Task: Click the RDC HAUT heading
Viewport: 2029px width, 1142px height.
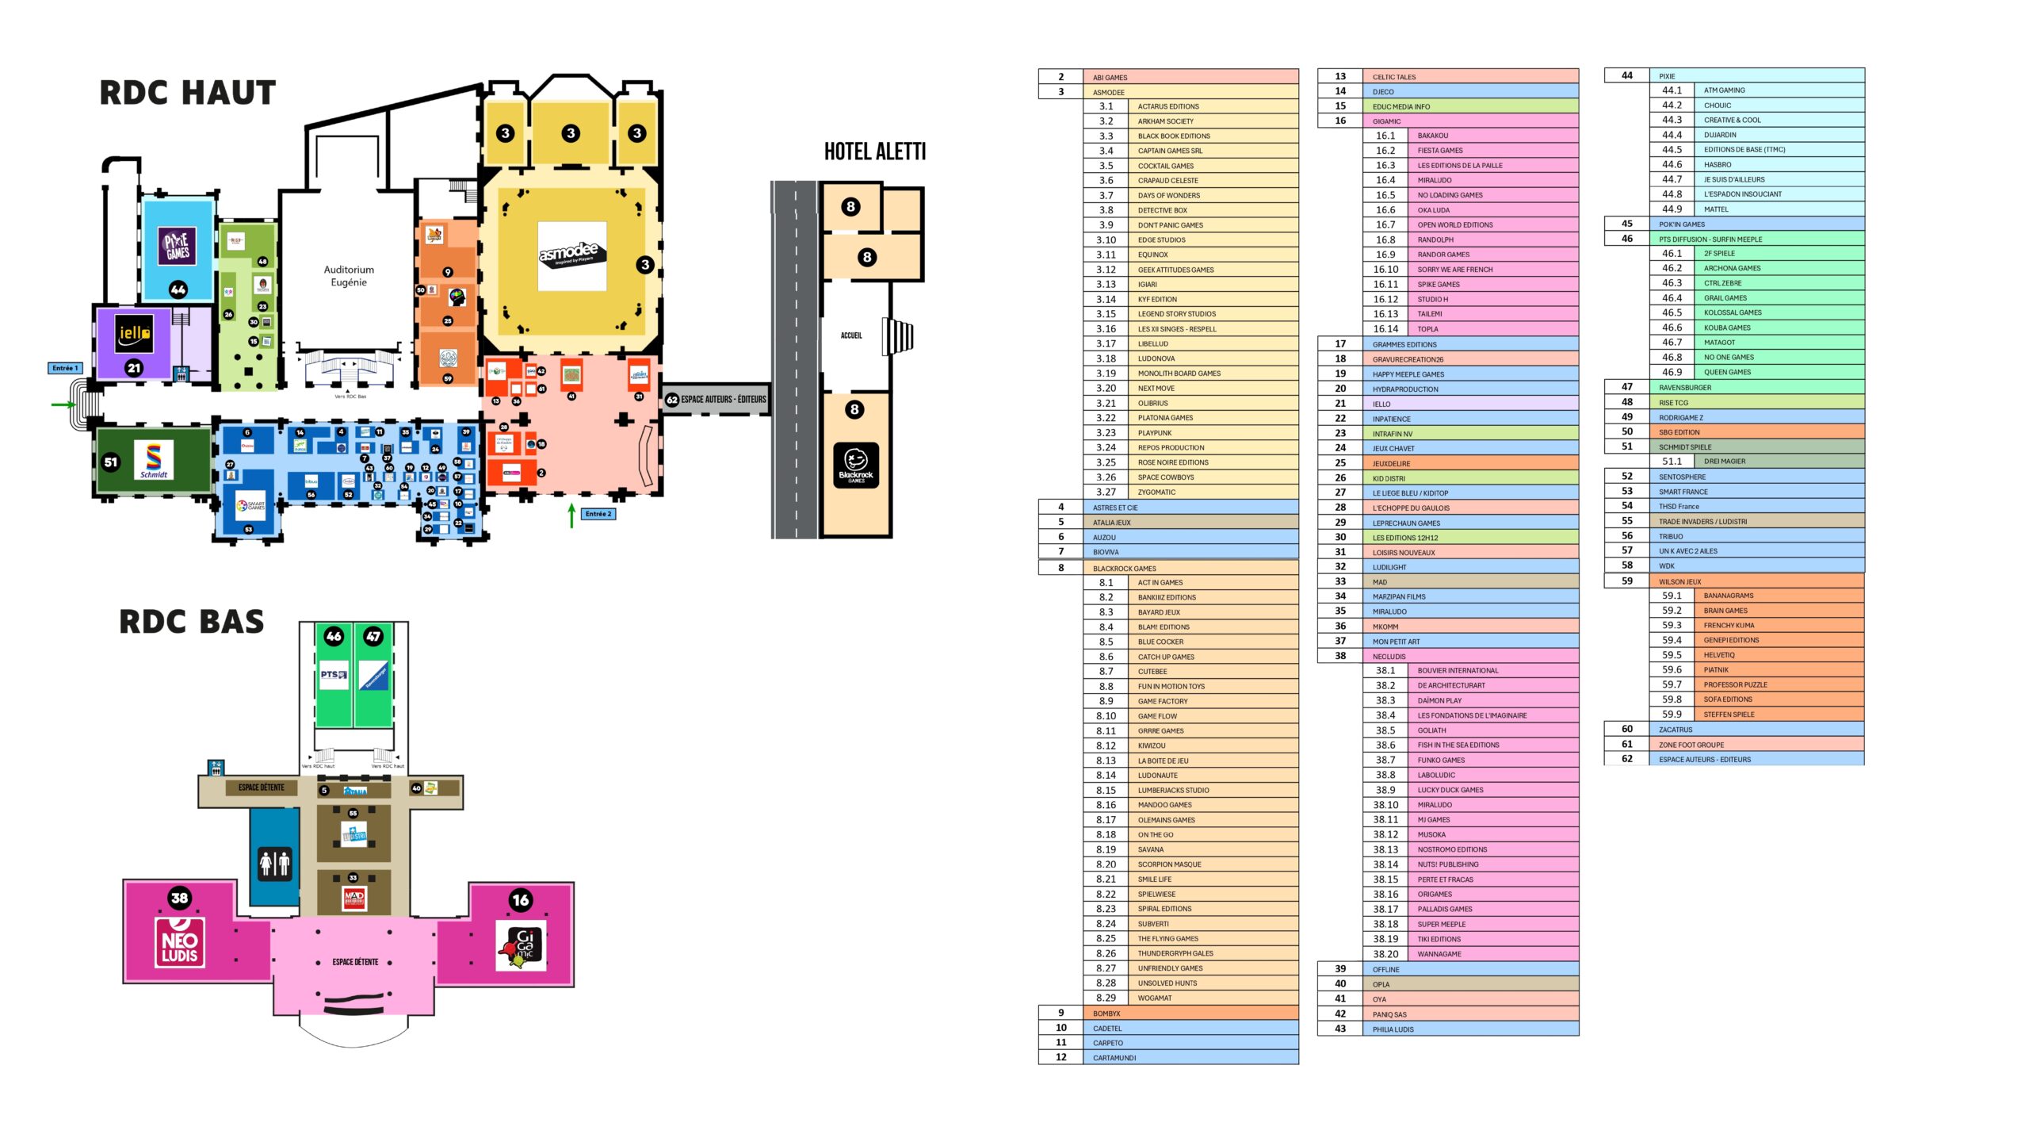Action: click(x=188, y=93)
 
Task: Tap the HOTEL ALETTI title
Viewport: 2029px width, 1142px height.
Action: click(x=874, y=151)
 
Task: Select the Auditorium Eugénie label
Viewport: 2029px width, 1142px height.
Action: click(x=349, y=276)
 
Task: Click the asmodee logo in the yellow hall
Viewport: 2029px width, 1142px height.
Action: click(x=571, y=255)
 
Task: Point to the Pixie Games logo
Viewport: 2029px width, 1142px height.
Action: click(x=178, y=246)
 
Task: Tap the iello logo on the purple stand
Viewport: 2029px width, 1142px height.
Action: click(x=134, y=335)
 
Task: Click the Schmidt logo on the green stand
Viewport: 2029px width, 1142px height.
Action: click(x=154, y=460)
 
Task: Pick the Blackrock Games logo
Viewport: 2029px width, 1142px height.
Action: click(x=855, y=465)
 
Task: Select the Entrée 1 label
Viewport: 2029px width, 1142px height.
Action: click(x=64, y=368)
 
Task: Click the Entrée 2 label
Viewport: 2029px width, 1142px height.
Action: click(x=598, y=514)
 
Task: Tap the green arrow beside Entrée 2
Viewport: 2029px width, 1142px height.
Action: click(x=571, y=515)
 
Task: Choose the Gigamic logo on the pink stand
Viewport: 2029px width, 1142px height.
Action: click(x=522, y=945)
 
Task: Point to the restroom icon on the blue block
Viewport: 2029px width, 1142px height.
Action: click(x=275, y=863)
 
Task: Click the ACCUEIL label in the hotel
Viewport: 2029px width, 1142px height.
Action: click(x=851, y=335)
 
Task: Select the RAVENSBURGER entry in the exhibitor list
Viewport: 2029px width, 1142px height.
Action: click(x=1684, y=388)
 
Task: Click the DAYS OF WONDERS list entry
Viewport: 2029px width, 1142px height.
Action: click(x=1168, y=196)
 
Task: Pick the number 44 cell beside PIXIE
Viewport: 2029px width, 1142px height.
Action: click(x=1626, y=76)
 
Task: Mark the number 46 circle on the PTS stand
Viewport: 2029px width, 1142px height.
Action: click(x=334, y=636)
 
